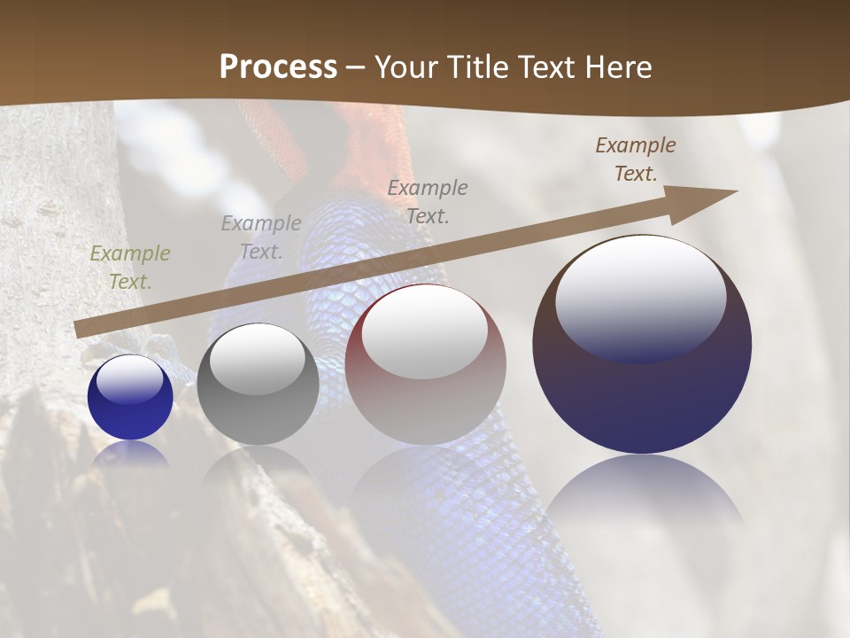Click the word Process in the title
pyautogui.click(x=278, y=66)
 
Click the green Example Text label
pyautogui.click(x=130, y=268)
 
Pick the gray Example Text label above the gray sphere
pyautogui.click(x=261, y=237)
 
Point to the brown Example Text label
pyautogui.click(x=636, y=159)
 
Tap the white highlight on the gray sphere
pyautogui.click(x=258, y=359)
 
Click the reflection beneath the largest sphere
pyautogui.click(x=644, y=496)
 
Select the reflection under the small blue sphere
pyautogui.click(x=130, y=454)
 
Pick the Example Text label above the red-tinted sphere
pyautogui.click(x=428, y=201)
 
